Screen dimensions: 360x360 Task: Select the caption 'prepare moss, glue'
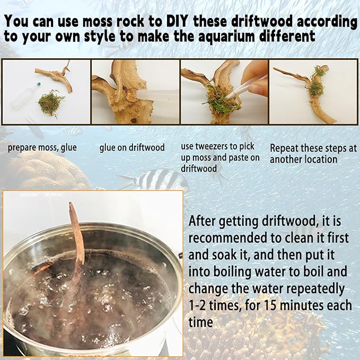[42, 147]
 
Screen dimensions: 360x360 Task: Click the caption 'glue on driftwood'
[132, 147]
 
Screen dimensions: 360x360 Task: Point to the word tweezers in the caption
[214, 146]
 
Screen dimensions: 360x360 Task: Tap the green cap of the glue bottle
[39, 84]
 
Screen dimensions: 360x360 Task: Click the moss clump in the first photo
[51, 103]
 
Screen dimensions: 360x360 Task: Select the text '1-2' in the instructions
[197, 305]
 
